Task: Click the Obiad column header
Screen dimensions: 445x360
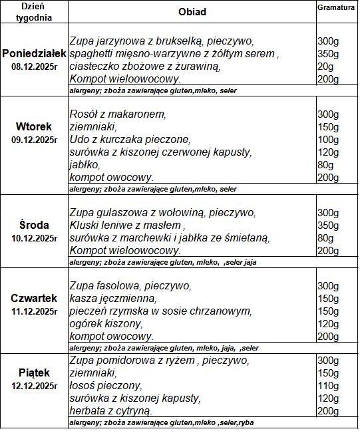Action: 192,12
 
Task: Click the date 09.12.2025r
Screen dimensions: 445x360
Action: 34,140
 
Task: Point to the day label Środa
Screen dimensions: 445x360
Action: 34,225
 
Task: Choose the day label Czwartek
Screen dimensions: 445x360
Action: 34,298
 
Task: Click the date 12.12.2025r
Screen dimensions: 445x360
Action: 34,385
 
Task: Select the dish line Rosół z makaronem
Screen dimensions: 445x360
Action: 118,114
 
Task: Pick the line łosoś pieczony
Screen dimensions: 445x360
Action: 105,386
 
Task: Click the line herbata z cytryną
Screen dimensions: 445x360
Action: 111,411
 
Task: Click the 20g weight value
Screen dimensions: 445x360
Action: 325,67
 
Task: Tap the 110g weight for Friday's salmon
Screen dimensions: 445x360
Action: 328,386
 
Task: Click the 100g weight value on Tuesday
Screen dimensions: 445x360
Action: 328,140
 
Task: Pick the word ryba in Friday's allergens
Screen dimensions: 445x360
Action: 246,423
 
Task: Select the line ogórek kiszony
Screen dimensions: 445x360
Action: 106,324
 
